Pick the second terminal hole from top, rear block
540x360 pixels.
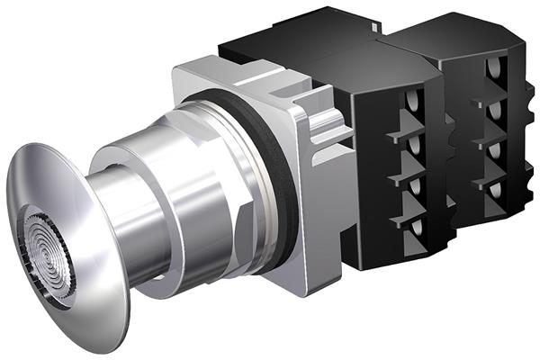[493, 110]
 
